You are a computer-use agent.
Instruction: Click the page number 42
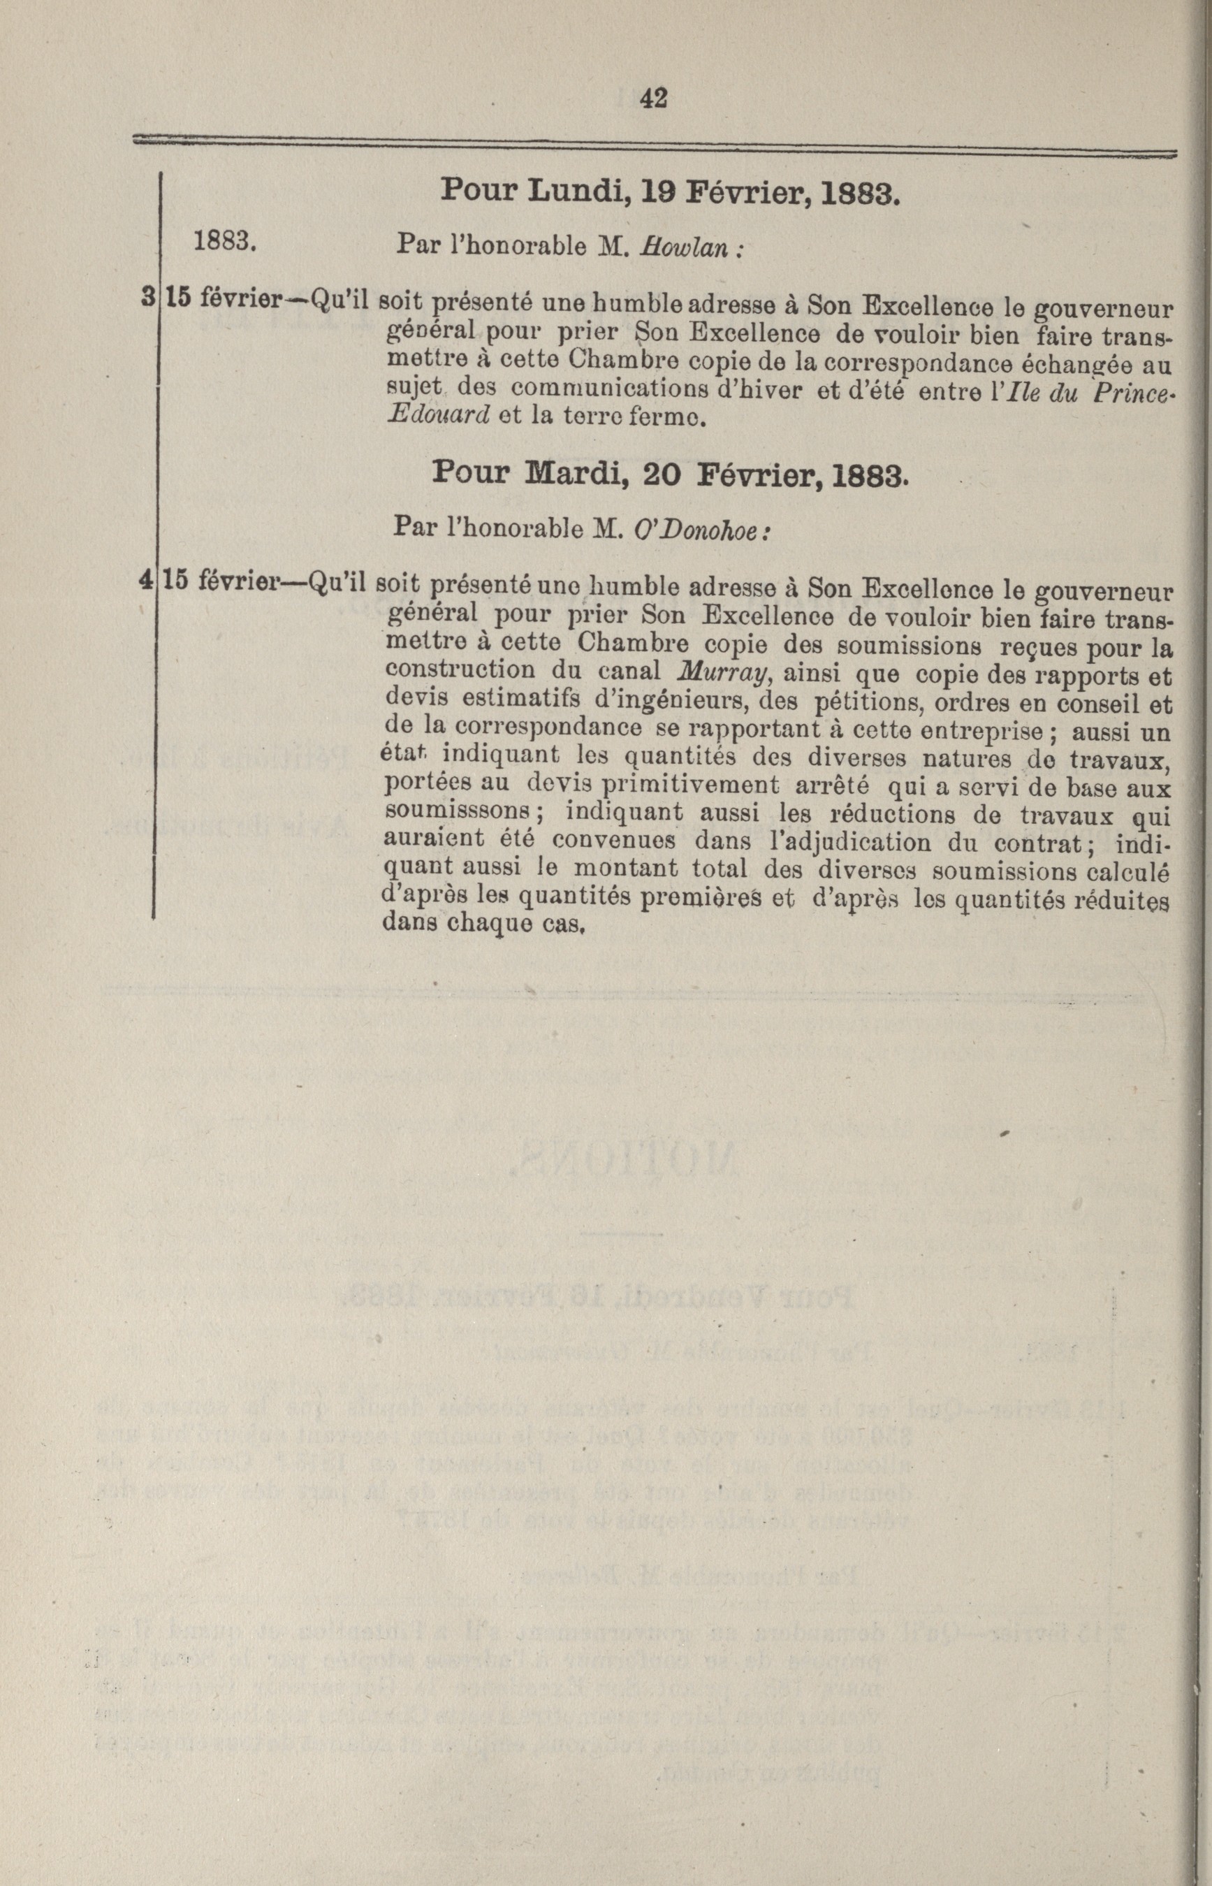[x=654, y=98]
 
